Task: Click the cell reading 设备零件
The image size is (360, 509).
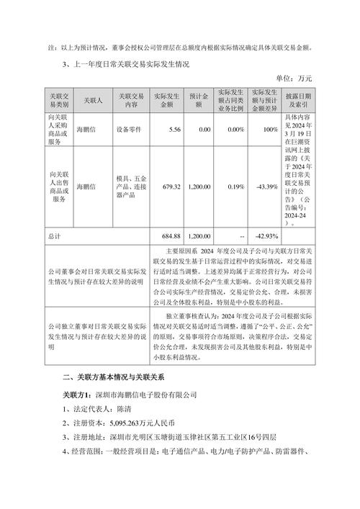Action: (x=130, y=130)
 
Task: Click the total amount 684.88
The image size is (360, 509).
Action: (x=167, y=236)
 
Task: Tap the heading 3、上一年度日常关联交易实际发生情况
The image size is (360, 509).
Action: (x=125, y=63)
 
